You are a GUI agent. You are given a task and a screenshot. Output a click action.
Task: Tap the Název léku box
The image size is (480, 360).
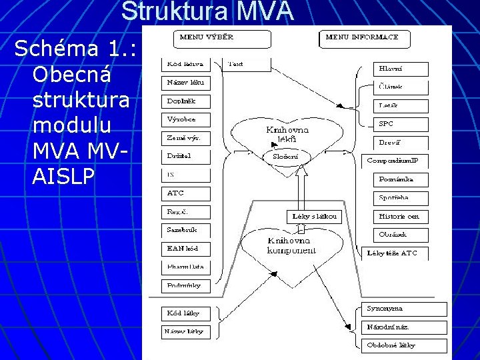(x=185, y=83)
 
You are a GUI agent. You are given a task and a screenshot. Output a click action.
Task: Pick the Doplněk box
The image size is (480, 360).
(x=185, y=101)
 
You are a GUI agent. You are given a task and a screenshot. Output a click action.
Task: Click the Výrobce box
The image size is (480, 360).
(x=185, y=120)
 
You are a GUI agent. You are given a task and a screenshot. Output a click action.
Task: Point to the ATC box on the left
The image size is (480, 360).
(x=185, y=193)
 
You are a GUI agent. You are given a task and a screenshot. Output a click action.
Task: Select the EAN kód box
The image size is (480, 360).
(x=185, y=249)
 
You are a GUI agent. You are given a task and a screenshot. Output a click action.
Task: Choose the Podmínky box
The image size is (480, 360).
(x=185, y=285)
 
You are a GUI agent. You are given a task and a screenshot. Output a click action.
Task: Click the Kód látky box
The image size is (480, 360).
(x=185, y=313)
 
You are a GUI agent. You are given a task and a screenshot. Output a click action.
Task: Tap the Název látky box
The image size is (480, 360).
(x=185, y=331)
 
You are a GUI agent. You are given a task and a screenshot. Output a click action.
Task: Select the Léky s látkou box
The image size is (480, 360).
(x=315, y=217)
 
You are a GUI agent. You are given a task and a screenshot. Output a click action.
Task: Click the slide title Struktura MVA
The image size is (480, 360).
(x=207, y=11)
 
